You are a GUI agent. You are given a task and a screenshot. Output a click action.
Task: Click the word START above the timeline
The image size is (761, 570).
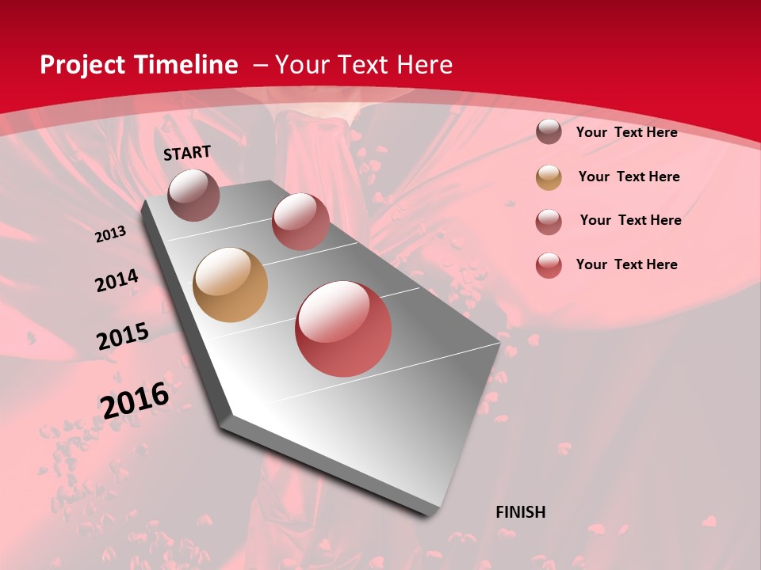pos(187,153)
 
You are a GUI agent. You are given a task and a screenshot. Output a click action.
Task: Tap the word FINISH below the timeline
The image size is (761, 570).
pos(520,512)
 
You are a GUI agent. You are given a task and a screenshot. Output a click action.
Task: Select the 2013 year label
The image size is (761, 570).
pos(110,234)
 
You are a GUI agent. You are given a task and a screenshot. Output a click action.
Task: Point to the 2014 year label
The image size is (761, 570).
pos(117,281)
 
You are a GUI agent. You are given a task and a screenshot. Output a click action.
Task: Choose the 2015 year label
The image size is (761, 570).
pos(123,336)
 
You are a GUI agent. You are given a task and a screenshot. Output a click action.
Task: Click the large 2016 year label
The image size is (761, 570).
pos(136,400)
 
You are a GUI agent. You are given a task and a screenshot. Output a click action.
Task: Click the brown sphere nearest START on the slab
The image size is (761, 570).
pos(193,195)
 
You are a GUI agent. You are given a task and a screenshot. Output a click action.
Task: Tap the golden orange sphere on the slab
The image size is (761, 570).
pos(230,285)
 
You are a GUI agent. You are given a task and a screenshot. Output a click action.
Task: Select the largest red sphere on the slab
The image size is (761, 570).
pos(343,329)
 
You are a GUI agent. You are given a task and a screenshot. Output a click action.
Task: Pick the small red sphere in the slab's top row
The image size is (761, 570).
pos(300,221)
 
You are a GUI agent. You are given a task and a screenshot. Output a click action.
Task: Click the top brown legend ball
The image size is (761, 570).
pos(549,131)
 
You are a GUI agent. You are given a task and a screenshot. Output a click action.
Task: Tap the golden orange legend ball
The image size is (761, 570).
pos(549,177)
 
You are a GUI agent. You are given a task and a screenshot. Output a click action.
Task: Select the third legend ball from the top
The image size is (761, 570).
pos(549,222)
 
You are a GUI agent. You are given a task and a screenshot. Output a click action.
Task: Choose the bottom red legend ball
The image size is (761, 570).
pos(549,265)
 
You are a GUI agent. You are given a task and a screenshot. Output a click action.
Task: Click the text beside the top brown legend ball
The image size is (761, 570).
pos(626,132)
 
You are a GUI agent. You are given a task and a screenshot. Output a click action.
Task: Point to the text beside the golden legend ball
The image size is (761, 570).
pos(629,177)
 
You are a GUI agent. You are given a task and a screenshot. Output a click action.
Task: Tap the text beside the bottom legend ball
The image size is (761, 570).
pos(626,264)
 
